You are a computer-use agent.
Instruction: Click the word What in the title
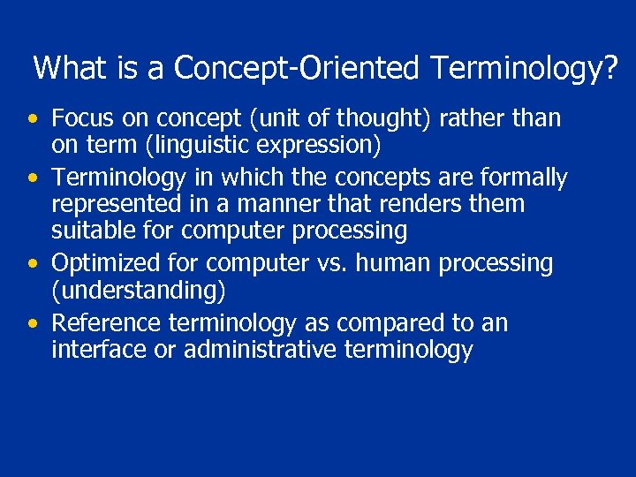pos(69,67)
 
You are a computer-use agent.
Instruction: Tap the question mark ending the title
pos(610,67)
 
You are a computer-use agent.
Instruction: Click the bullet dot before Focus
pos(33,119)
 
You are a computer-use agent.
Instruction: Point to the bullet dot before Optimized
pos(33,264)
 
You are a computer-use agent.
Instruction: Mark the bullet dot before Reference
pos(33,324)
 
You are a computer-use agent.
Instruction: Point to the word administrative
pos(260,350)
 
